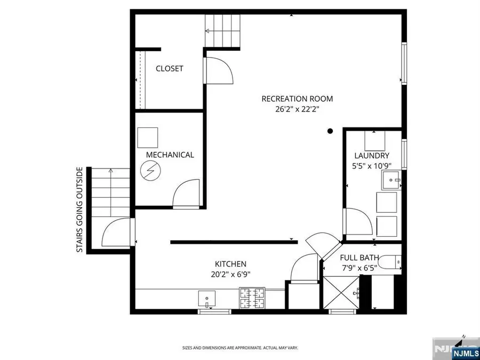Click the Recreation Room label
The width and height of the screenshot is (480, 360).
pos(297,99)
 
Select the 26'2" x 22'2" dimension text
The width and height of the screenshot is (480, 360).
pos(297,109)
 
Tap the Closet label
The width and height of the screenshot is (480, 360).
pos(169,69)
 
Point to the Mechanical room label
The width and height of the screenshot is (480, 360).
pos(170,155)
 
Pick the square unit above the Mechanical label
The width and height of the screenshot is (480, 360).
pos(148,138)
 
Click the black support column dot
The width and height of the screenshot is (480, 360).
pos(330,131)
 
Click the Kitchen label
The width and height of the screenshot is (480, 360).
pos(230,264)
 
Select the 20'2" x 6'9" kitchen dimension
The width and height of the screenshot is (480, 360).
pos(230,275)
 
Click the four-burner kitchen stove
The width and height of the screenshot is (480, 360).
pos(252,298)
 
